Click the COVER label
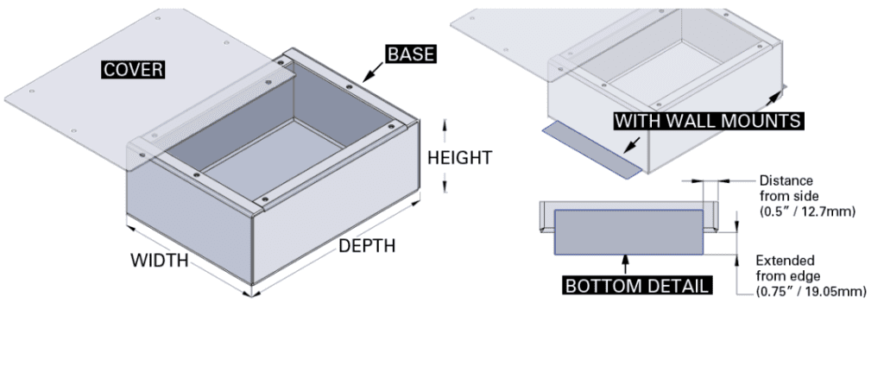(x=133, y=69)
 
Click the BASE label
(x=409, y=54)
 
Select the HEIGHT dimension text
(x=460, y=158)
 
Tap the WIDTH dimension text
(x=159, y=260)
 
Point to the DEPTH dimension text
(x=367, y=246)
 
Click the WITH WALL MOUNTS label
(x=708, y=121)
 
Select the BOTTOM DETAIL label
(x=638, y=286)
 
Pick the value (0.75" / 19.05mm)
(x=811, y=292)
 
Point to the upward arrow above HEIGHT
(x=445, y=129)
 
